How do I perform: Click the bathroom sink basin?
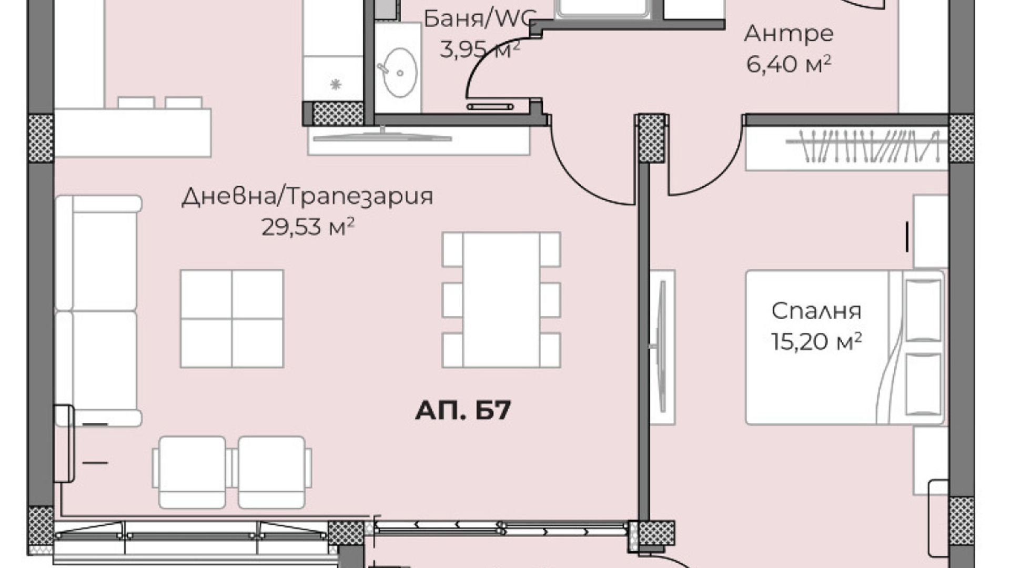(x=400, y=73)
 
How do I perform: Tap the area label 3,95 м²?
(x=480, y=50)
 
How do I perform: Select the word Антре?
(x=789, y=34)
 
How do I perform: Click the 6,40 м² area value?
(x=789, y=65)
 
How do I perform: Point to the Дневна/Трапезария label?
(x=307, y=196)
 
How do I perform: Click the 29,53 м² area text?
(x=308, y=227)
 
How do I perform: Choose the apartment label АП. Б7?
(x=463, y=410)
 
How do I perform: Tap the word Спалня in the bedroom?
(x=816, y=311)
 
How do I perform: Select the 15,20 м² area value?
(x=816, y=341)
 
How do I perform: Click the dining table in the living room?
(x=501, y=300)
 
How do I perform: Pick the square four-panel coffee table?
(x=232, y=319)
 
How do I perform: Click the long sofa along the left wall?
(x=98, y=310)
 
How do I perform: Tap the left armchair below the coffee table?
(x=190, y=472)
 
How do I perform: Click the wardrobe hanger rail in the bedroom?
(x=862, y=146)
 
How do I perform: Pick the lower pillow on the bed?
(x=924, y=384)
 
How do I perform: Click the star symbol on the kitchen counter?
(x=336, y=84)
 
